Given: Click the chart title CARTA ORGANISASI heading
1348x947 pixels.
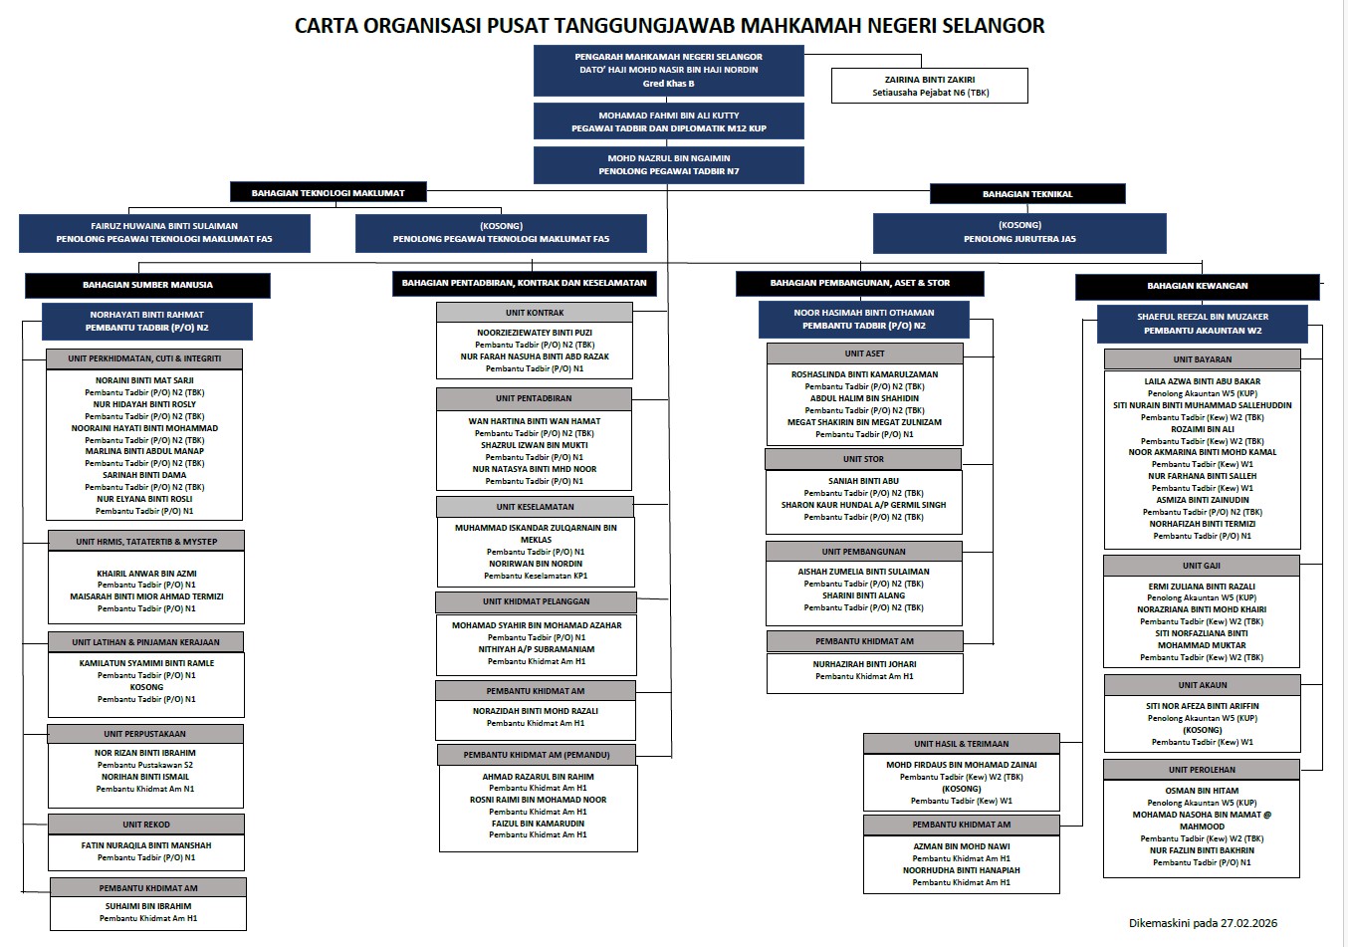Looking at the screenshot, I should click(x=669, y=25).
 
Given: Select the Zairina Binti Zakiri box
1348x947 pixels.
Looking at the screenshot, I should click(x=929, y=86).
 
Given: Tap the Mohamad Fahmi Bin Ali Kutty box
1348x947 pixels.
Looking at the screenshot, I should click(x=668, y=121).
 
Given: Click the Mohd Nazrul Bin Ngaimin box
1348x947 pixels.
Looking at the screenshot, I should click(x=668, y=164).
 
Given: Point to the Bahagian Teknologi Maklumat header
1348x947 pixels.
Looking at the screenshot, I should click(x=328, y=192).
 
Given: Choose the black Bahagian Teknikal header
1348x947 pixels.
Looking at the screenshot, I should click(x=1026, y=194).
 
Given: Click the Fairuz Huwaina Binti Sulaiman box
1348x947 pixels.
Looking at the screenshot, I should click(x=164, y=232).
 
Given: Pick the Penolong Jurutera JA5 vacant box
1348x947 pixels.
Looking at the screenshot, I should click(x=1018, y=232).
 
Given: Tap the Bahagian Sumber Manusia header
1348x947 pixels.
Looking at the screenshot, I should click(x=147, y=285).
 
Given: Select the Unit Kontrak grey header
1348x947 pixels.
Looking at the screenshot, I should click(x=534, y=313).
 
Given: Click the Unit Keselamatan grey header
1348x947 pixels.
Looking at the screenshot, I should click(x=535, y=507).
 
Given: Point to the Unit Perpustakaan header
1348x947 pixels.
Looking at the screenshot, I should click(x=145, y=734).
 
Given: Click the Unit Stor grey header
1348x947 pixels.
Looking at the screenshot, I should click(x=863, y=459).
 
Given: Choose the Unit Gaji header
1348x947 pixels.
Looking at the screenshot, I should click(x=1201, y=566).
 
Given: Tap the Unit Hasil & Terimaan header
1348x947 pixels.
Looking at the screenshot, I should click(x=961, y=744).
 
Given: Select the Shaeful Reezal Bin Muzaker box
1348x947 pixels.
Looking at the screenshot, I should click(x=1202, y=324).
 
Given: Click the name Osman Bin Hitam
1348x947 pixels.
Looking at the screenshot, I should click(x=1202, y=791).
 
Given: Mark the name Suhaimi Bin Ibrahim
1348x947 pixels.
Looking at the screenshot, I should click(x=148, y=906).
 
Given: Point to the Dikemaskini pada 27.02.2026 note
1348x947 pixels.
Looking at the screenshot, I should click(x=1202, y=923).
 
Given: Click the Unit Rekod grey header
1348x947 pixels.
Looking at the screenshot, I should click(x=145, y=825).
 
